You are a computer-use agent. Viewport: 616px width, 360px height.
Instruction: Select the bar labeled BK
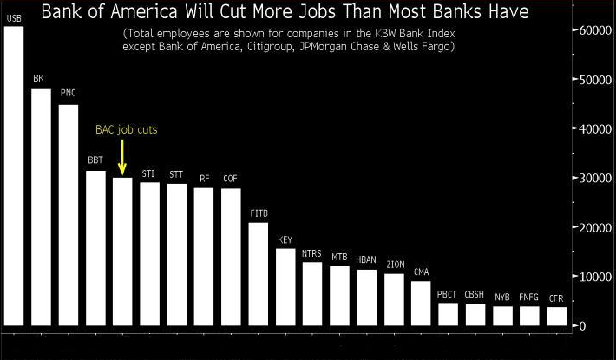pyautogui.click(x=41, y=208)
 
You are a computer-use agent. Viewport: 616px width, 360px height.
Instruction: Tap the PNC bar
pyautogui.click(x=68, y=216)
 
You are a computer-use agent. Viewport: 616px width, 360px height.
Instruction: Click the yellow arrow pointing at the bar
pyautogui.click(x=122, y=158)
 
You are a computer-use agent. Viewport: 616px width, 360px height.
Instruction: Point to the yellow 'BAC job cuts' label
pyautogui.click(x=126, y=129)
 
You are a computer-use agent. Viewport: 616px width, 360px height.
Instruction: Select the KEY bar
pyautogui.click(x=285, y=287)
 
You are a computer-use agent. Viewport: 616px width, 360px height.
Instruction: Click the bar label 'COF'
pyautogui.click(x=231, y=178)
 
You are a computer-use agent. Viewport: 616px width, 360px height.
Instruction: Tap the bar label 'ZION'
pyautogui.click(x=394, y=264)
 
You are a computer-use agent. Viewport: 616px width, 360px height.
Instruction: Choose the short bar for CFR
pyautogui.click(x=556, y=317)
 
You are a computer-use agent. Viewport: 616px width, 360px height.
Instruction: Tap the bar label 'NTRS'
pyautogui.click(x=311, y=254)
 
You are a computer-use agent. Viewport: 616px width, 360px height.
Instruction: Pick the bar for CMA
pyautogui.click(x=421, y=304)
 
